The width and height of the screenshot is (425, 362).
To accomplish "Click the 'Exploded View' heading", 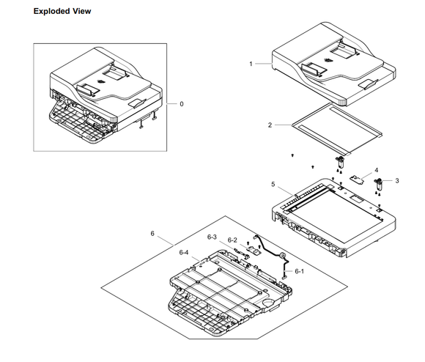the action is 62,12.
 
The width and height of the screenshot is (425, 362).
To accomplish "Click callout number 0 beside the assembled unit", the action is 182,104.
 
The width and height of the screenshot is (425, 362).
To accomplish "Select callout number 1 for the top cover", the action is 251,64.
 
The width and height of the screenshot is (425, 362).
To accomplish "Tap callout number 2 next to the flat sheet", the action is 270,125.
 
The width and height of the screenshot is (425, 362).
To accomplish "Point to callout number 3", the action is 397,181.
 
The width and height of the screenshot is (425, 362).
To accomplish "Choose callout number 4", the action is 376,170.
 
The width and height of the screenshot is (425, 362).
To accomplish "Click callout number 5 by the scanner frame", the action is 273,184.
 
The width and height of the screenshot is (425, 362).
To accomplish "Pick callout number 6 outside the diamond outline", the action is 152,233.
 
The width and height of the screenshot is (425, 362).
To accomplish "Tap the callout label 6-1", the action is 299,271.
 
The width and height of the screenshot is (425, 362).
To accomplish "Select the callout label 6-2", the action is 232,240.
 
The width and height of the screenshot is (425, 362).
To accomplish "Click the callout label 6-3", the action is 212,237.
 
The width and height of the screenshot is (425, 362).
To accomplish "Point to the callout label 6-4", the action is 184,253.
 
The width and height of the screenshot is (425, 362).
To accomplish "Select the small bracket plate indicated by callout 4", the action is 355,180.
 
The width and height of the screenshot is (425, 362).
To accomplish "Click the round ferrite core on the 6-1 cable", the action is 281,255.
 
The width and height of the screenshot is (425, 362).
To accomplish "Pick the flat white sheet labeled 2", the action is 337,128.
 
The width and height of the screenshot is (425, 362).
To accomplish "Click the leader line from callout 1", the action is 264,64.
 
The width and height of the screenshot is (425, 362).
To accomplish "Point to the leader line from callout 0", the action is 171,104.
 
